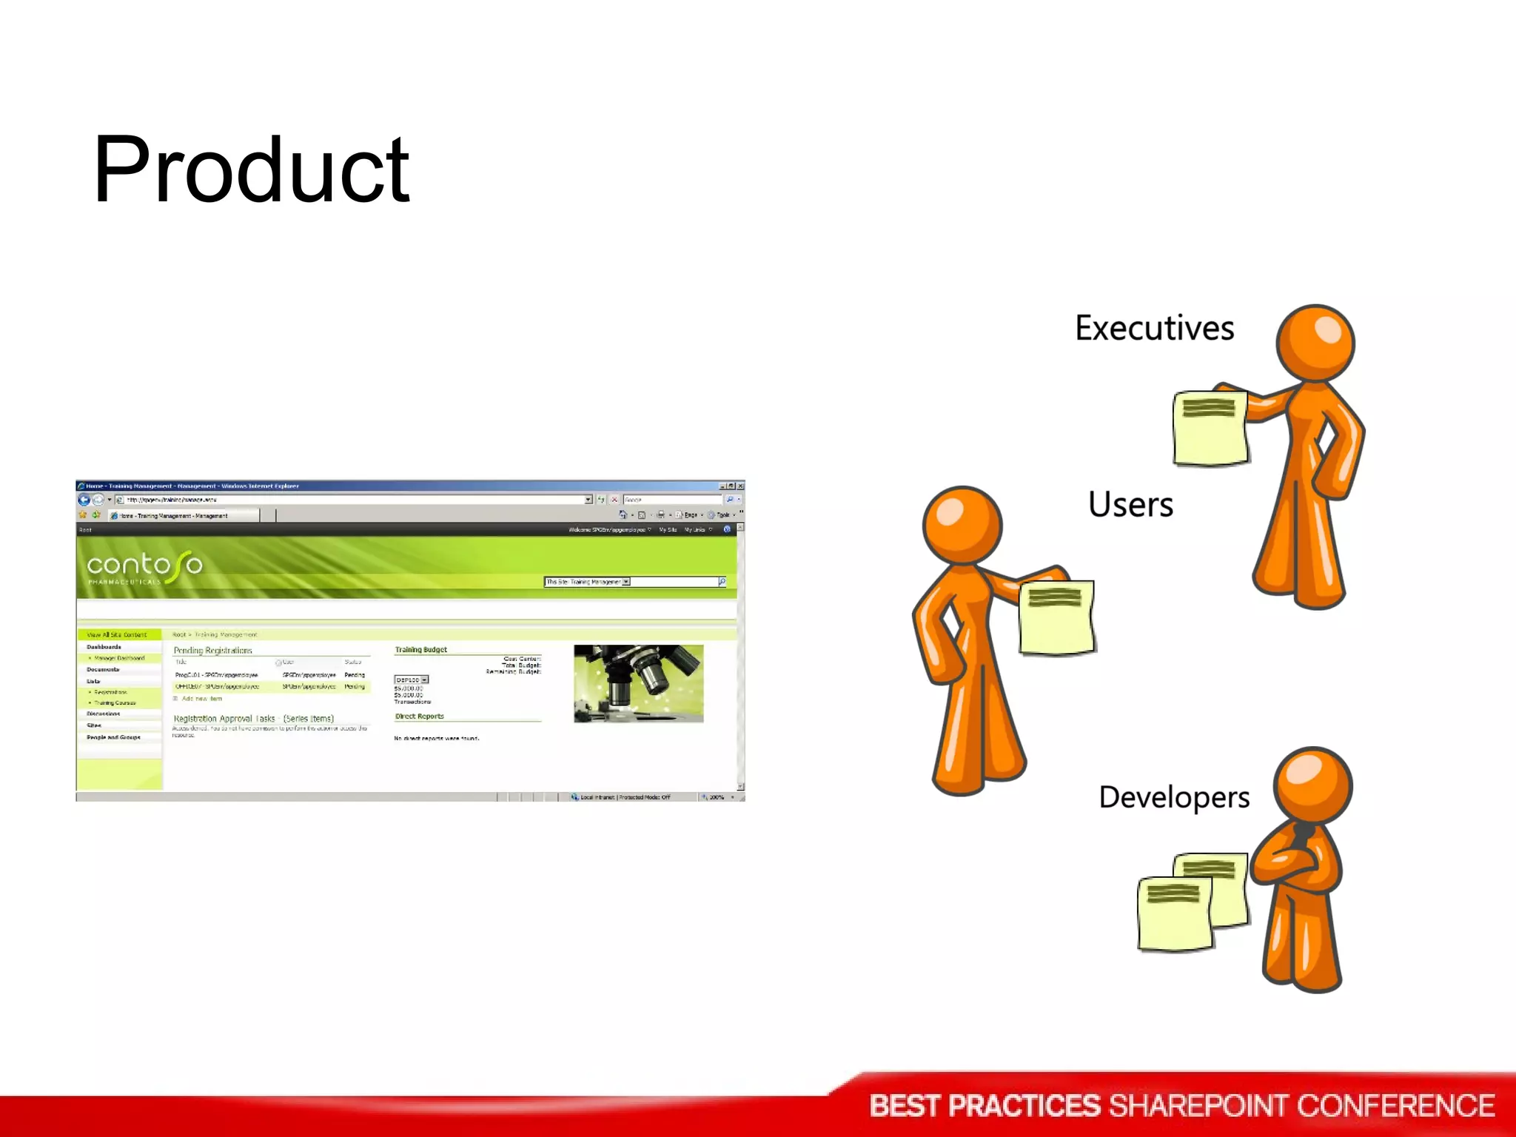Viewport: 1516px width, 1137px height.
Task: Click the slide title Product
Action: (x=251, y=170)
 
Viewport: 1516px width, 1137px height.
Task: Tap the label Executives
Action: (x=1154, y=328)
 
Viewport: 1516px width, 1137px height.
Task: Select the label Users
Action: (x=1130, y=505)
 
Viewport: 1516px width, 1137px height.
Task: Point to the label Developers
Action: (x=1174, y=797)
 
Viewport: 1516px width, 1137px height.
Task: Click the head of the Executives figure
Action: (x=1315, y=343)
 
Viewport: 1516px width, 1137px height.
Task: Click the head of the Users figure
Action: (x=962, y=525)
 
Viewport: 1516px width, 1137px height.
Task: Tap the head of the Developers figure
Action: (x=1312, y=785)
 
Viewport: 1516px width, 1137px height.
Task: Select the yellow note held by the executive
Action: (x=1210, y=429)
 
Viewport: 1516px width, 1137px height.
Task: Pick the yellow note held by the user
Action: (x=1056, y=617)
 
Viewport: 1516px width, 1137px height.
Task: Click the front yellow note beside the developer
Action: (x=1175, y=913)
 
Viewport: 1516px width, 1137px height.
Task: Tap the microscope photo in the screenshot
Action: (x=638, y=683)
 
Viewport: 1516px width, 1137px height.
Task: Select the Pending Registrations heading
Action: (x=213, y=650)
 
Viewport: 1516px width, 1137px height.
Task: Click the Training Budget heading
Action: (x=420, y=649)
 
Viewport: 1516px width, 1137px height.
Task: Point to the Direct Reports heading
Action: (x=419, y=716)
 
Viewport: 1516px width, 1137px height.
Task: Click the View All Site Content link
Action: (x=117, y=634)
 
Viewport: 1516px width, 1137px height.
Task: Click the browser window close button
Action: (x=740, y=486)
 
